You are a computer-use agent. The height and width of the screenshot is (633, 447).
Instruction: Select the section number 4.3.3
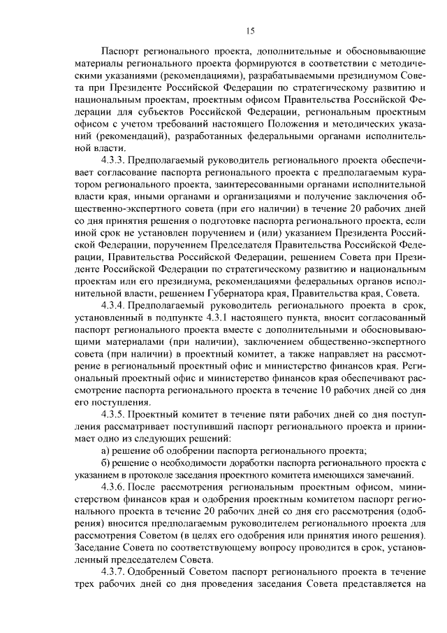[115, 160]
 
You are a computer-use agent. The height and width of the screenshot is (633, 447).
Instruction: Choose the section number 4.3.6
[115, 486]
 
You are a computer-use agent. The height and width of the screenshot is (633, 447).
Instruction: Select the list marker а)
[106, 450]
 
